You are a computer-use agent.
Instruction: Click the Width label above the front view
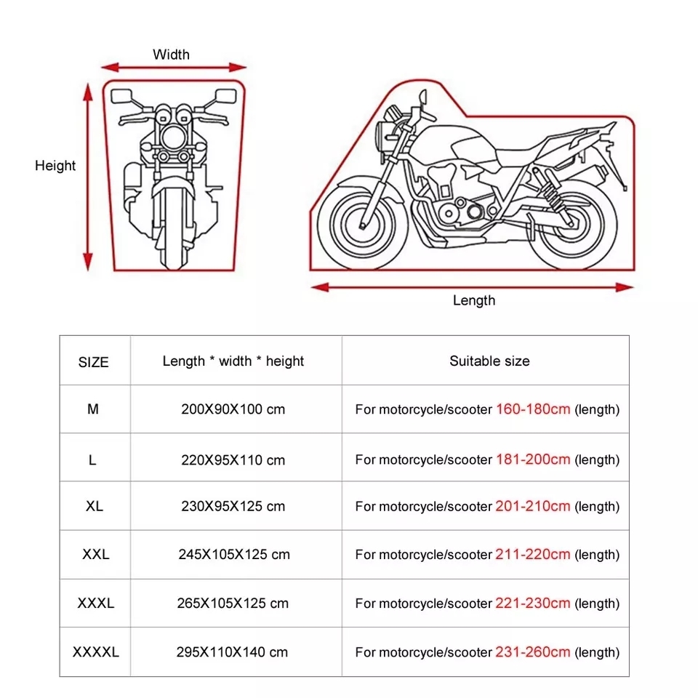tap(171, 55)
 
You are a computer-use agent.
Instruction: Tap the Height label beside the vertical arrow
tap(55, 166)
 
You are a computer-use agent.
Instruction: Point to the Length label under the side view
tap(473, 300)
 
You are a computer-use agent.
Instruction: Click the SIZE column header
tap(94, 361)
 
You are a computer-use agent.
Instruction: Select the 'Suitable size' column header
tap(489, 361)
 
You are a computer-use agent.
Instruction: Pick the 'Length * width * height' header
tap(233, 361)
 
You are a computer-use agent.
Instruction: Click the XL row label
tap(94, 506)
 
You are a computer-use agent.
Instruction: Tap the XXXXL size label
tap(95, 652)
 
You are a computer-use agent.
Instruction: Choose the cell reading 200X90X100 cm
tap(233, 409)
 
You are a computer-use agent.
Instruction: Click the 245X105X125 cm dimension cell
tap(233, 555)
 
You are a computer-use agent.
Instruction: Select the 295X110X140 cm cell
tap(233, 652)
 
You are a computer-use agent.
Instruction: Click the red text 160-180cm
tap(533, 409)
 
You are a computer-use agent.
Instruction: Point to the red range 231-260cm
tap(533, 651)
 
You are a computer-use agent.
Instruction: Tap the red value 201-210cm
tap(533, 506)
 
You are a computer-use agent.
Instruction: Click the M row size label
tap(93, 409)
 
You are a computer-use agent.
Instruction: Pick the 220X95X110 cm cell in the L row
tap(233, 460)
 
